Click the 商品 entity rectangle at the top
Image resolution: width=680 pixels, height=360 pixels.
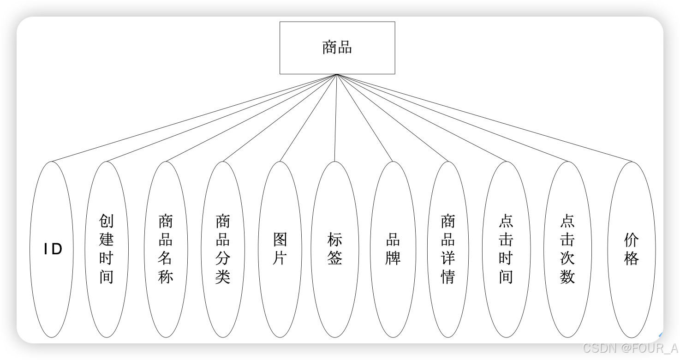[337, 48]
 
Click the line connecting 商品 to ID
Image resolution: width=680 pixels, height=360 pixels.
[194, 118]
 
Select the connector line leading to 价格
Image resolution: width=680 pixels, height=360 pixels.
[484, 118]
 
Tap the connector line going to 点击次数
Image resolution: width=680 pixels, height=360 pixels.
[452, 118]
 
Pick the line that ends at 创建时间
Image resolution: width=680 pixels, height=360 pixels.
[221, 118]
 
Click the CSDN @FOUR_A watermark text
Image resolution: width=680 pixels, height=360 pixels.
[630, 348]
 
